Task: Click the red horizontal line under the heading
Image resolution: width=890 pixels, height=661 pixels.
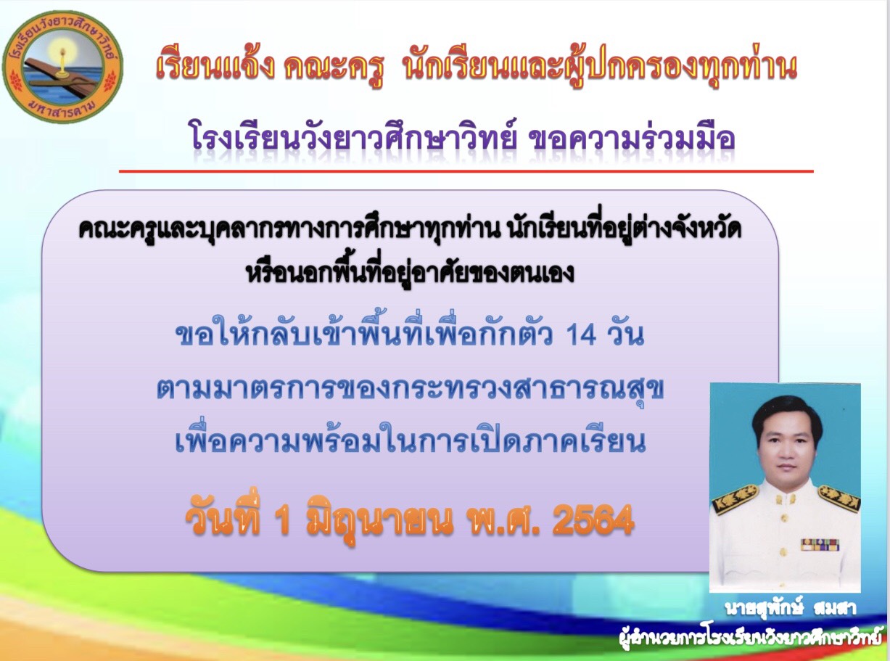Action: tap(466, 171)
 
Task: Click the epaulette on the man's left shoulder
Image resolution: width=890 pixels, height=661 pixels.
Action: tap(838, 498)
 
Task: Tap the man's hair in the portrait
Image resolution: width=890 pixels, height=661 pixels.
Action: tap(783, 414)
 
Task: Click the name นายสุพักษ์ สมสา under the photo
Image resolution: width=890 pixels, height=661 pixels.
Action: tap(791, 609)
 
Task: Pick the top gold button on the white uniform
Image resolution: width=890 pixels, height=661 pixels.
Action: tap(786, 501)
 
